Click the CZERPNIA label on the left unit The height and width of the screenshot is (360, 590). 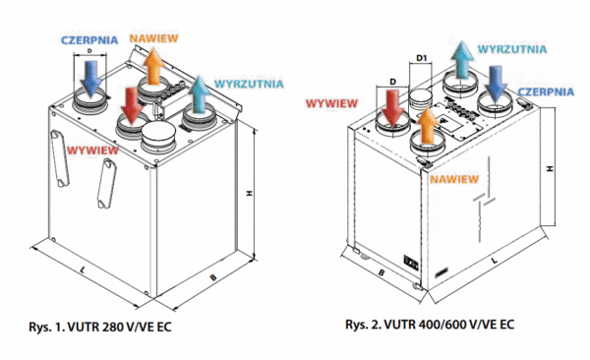pyautogui.click(x=89, y=39)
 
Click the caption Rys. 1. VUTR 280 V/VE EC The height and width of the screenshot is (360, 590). pyautogui.click(x=104, y=325)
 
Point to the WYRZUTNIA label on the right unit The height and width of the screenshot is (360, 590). pyautogui.click(x=509, y=47)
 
